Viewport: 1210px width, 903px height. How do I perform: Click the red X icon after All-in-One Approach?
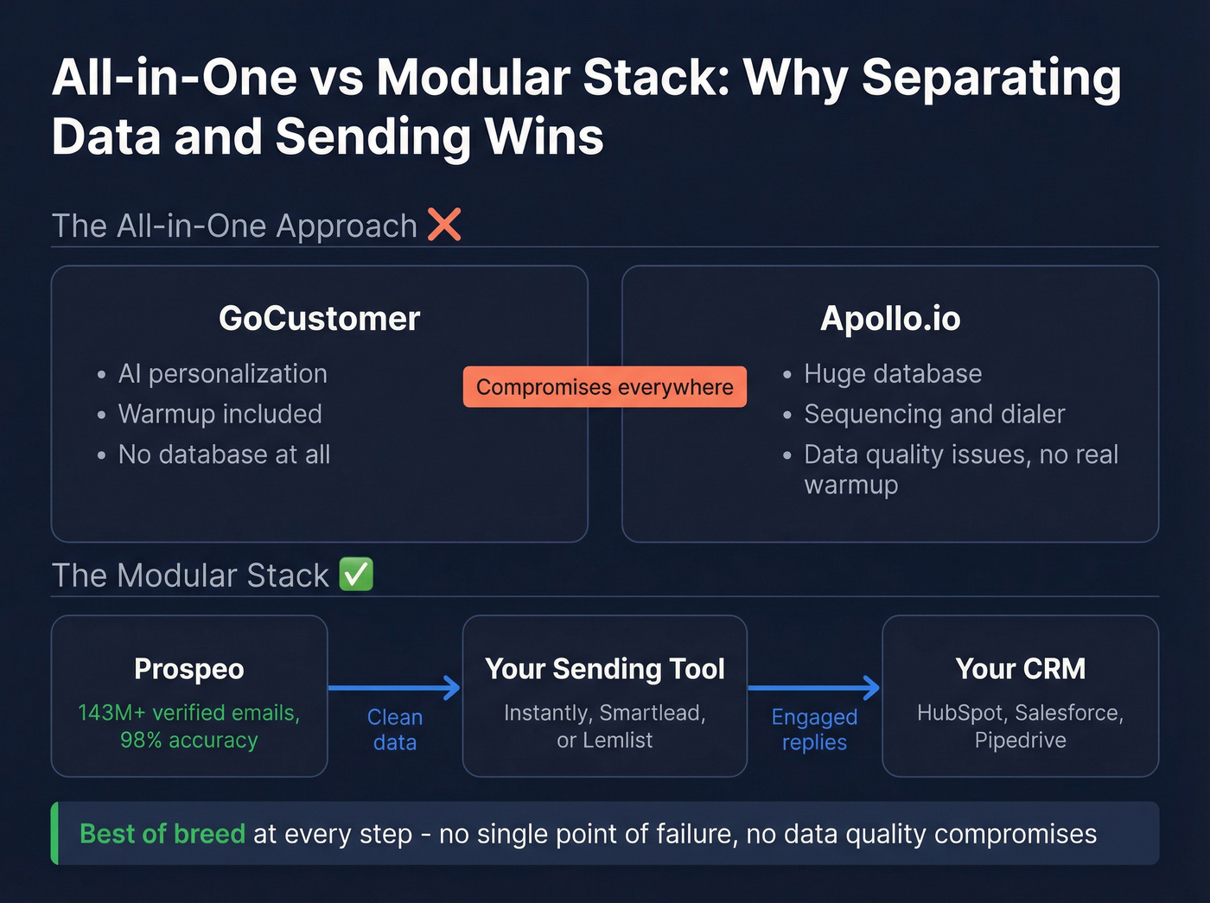(x=444, y=225)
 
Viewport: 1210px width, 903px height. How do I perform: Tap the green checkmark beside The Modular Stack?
(x=356, y=575)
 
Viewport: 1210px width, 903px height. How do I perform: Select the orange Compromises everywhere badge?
(x=604, y=387)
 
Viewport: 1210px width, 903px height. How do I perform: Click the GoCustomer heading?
(x=319, y=319)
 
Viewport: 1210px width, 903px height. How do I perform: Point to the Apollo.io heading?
(x=889, y=319)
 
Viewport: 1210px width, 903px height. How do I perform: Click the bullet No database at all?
(x=224, y=455)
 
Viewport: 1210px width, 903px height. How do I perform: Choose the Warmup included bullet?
(x=220, y=414)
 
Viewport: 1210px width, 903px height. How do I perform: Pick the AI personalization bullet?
(x=222, y=373)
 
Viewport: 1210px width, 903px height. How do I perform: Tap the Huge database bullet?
(x=892, y=373)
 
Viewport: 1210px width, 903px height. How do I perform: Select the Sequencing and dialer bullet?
(x=933, y=414)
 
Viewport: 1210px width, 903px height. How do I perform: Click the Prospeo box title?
(x=189, y=669)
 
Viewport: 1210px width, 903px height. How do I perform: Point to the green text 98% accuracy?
(x=189, y=741)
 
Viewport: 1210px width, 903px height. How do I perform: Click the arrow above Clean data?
(x=394, y=688)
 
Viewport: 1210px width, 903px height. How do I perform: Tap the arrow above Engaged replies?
(x=813, y=688)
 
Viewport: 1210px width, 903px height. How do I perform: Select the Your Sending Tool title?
(x=604, y=669)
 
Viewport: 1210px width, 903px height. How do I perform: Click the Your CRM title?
(x=1020, y=669)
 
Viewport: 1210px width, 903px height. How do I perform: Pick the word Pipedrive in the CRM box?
(x=1020, y=741)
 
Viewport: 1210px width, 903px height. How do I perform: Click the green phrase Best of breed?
(x=162, y=834)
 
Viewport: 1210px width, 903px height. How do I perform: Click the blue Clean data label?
(x=394, y=729)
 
